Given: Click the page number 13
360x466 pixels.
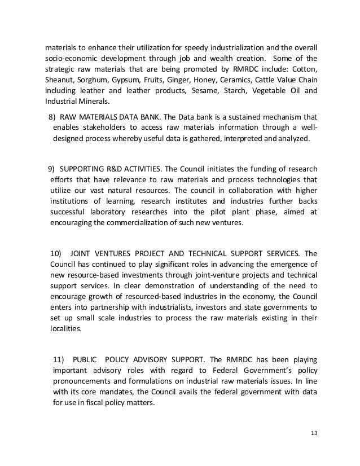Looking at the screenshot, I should coord(314,432).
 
